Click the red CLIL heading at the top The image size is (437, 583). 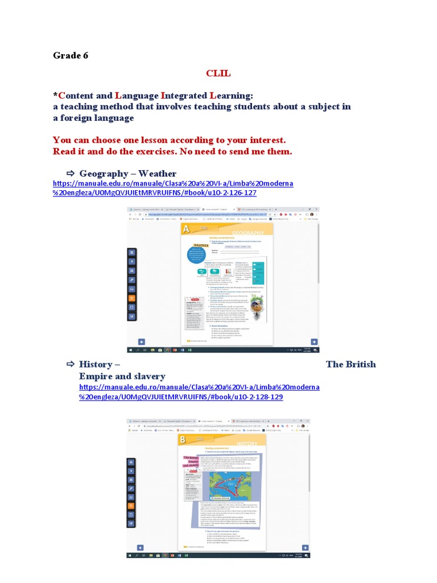218,73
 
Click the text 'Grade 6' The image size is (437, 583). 71,55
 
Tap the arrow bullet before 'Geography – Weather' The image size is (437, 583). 71,173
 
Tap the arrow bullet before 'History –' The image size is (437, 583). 71,364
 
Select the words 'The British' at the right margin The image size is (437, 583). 351,364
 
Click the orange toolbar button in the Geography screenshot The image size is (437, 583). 132,298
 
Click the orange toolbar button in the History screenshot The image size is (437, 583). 132,505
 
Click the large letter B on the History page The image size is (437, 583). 183,440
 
